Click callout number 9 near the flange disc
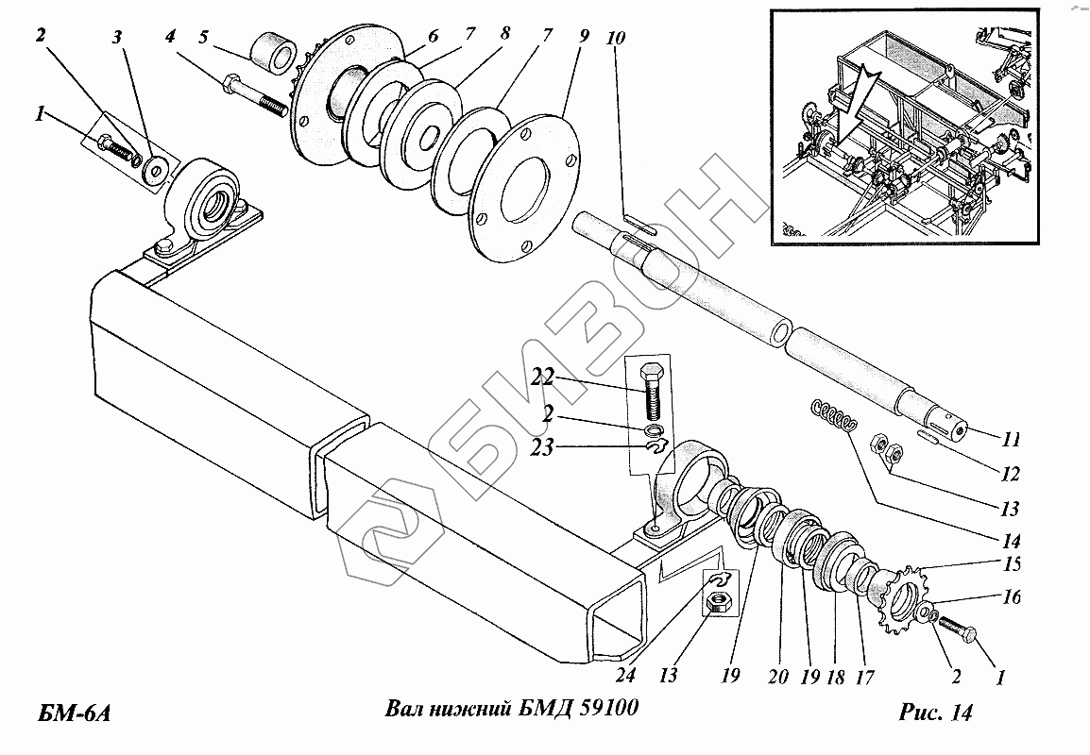tap(584, 38)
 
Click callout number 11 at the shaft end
tap(1011, 440)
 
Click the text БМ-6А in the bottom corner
tap(77, 712)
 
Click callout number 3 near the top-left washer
tap(117, 39)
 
